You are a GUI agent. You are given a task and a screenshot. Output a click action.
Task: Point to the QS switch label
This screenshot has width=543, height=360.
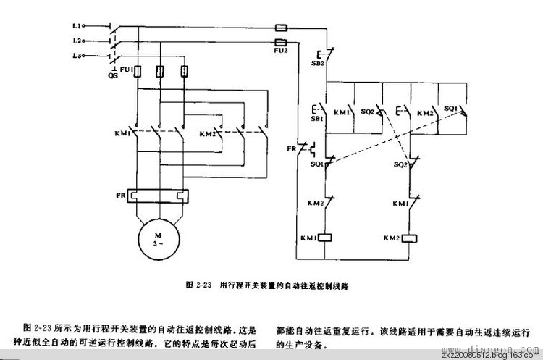[112, 74]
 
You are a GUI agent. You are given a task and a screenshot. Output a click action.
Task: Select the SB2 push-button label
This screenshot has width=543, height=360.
[318, 64]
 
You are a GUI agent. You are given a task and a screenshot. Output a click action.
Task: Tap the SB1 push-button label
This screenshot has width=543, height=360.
[316, 118]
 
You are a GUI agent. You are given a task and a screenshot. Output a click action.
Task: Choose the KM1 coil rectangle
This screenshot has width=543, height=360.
[327, 238]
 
